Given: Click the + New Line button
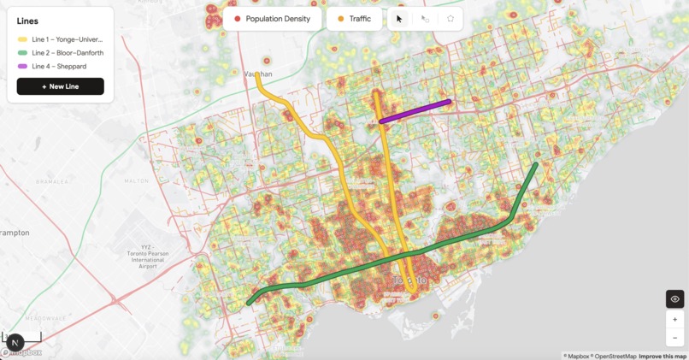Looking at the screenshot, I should tap(60, 86).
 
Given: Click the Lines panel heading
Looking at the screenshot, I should tap(27, 21).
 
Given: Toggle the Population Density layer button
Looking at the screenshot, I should tap(272, 19).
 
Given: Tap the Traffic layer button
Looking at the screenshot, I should tap(354, 19).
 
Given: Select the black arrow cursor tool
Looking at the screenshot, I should tap(399, 19).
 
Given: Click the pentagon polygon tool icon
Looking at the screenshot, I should tap(450, 19).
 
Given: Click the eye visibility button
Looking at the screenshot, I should tap(675, 299).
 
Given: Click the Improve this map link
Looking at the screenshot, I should tap(662, 356).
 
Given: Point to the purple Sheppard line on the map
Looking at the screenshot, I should tap(415, 111).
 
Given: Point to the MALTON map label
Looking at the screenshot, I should tap(136, 181).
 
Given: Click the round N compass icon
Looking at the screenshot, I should tap(15, 343).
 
